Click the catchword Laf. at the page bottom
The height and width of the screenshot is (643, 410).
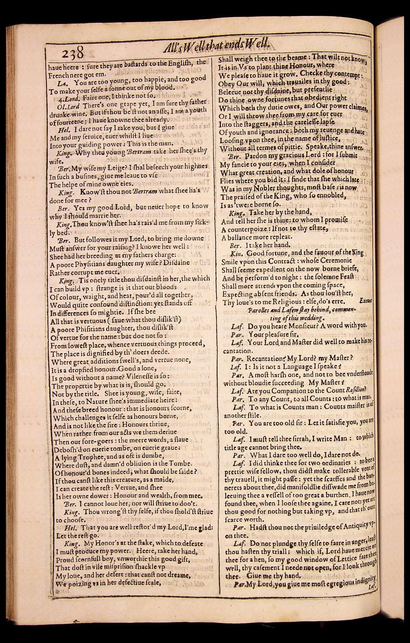370,587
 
